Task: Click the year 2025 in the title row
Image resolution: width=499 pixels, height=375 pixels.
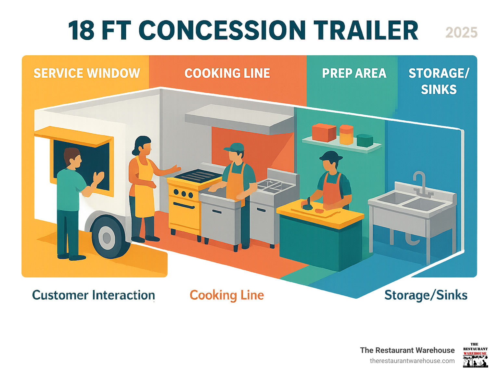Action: [461, 32]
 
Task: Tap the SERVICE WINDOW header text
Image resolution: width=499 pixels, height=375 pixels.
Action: [87, 73]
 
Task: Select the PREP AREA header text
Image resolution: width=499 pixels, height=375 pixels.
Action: [354, 73]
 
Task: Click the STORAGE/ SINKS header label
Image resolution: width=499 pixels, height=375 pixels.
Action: [439, 81]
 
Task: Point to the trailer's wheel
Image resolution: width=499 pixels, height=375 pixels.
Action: [107, 237]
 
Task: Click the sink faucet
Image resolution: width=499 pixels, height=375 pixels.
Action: [421, 182]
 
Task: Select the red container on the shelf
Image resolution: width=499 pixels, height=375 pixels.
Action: [324, 132]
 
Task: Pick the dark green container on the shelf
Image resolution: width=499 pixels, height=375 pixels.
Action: [365, 140]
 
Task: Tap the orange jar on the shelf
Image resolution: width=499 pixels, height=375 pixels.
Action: [346, 135]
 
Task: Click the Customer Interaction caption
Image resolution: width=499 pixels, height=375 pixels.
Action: [94, 295]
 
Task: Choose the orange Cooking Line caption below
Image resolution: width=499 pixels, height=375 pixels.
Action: [227, 295]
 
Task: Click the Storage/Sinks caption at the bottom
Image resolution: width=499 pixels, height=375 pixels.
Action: [426, 295]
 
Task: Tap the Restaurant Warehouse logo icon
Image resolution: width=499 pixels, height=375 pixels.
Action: [475, 355]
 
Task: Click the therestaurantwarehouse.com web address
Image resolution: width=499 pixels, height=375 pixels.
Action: [412, 361]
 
